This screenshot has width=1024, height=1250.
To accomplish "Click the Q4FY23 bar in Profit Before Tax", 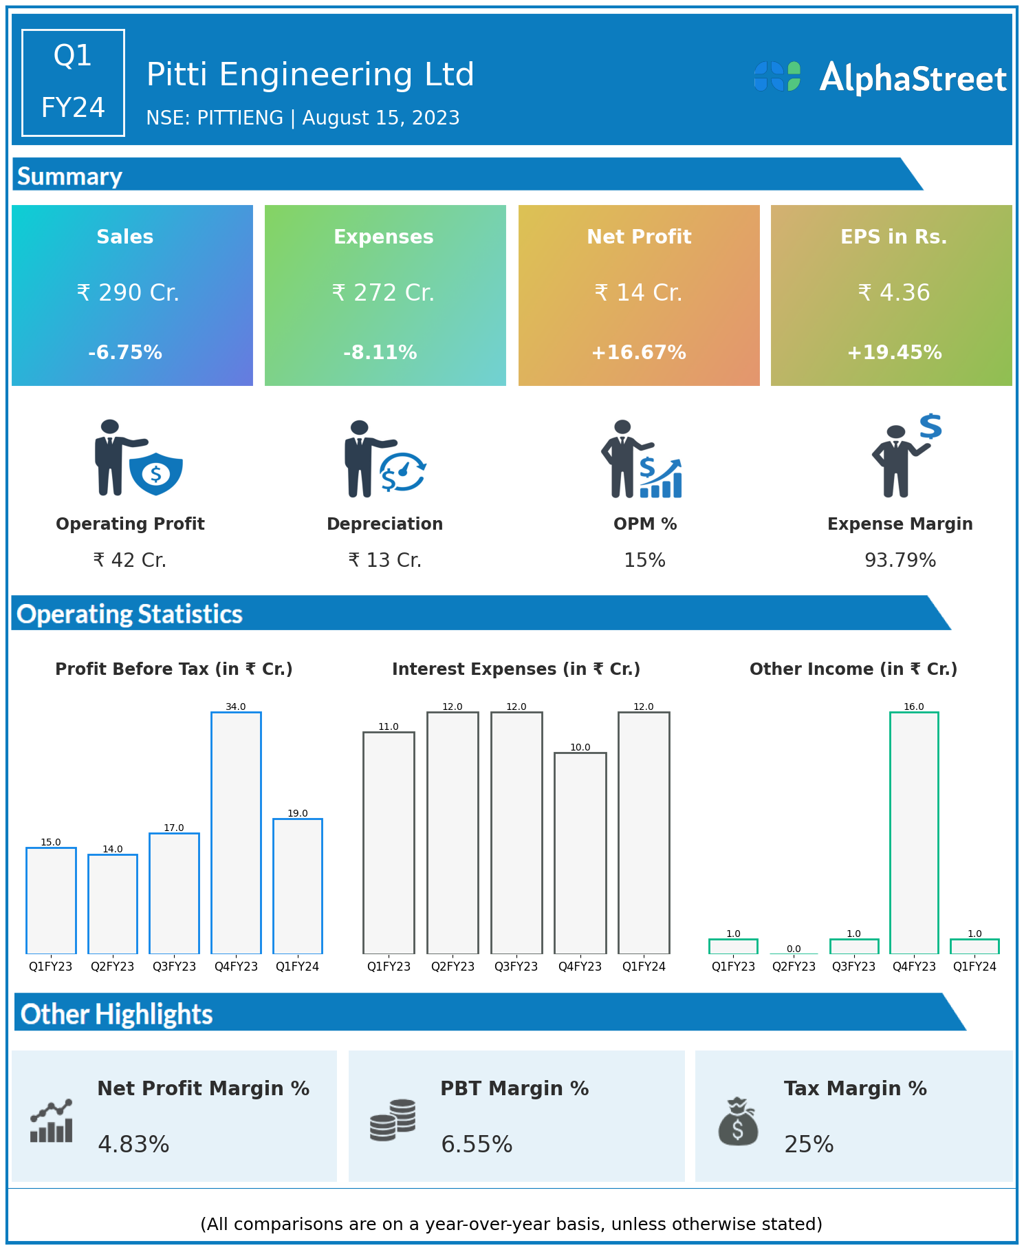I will [x=236, y=832].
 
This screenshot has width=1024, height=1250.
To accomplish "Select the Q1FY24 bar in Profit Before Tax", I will [x=298, y=886].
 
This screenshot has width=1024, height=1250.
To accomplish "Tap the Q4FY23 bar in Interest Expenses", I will [x=580, y=853].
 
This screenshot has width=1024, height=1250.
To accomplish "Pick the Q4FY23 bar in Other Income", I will [x=914, y=832].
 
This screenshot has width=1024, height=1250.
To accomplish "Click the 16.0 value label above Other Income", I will [x=914, y=707].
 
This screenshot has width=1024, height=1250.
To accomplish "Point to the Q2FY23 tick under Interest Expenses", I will [x=453, y=967].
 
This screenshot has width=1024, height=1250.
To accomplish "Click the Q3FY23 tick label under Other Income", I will [x=853, y=967].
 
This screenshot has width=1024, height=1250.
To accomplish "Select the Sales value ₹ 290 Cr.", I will [x=128, y=293].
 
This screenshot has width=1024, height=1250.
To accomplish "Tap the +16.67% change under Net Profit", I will [x=639, y=353].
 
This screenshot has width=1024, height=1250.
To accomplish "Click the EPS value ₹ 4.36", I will [x=894, y=293].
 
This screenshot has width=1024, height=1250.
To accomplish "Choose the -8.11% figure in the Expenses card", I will [x=380, y=353].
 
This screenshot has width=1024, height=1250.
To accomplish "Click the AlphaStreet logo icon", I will [x=777, y=76].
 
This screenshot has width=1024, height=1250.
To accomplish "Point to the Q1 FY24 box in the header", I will [x=73, y=83].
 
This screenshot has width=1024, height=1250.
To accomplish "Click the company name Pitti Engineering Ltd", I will [x=310, y=74].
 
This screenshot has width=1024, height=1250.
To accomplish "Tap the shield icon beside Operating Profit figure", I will [x=156, y=473].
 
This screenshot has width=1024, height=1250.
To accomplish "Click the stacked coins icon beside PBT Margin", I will [x=393, y=1120].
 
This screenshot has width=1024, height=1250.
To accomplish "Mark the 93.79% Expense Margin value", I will [x=900, y=561].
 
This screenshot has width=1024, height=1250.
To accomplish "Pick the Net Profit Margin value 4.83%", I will [x=133, y=1145].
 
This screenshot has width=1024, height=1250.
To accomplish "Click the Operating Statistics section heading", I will [x=130, y=614].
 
